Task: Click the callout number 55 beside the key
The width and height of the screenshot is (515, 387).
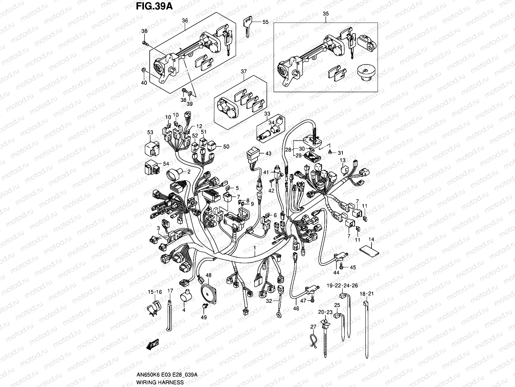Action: pos(265,22)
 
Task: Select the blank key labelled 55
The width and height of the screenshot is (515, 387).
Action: pos(247,28)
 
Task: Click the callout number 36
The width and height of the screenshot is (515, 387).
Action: pos(185,20)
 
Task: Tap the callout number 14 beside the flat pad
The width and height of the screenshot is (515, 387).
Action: pos(371,240)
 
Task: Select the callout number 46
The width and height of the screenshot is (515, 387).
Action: pos(296,308)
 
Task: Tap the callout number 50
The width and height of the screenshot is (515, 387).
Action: pos(226,146)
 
